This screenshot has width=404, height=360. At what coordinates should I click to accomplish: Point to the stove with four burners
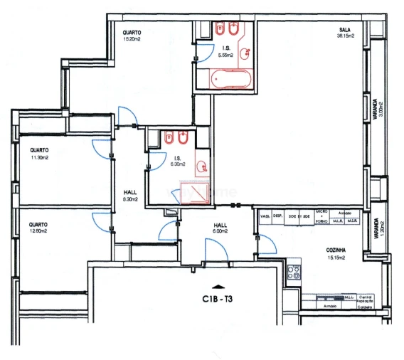[292, 270]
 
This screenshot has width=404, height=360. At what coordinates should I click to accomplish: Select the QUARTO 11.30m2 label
[39, 154]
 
